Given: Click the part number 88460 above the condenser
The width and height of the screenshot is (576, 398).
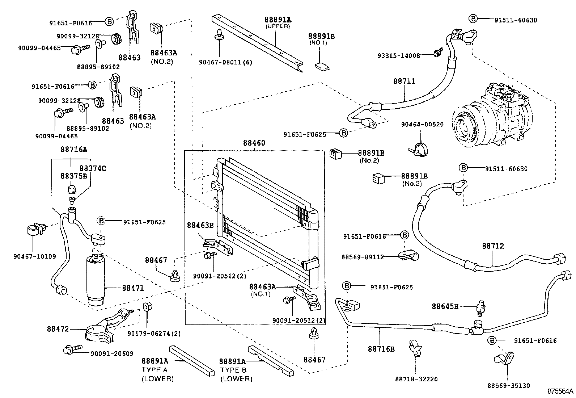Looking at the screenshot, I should [254, 143].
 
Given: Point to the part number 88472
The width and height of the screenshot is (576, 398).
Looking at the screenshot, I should [58, 329].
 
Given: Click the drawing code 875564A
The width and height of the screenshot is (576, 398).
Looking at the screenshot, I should [560, 391].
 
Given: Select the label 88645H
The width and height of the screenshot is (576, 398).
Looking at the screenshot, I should [445, 307].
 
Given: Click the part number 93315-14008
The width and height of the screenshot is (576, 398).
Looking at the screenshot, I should [398, 56].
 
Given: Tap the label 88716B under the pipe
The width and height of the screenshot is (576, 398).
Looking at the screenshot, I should [381, 349].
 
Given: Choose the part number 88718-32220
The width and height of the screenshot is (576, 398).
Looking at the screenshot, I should [416, 379].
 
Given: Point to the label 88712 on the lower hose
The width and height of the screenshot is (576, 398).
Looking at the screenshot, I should [493, 246].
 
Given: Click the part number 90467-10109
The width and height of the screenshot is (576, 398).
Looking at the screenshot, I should [35, 256].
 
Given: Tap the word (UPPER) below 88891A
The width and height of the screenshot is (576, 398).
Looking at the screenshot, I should [278, 26].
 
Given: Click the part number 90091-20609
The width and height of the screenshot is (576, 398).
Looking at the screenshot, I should [112, 354].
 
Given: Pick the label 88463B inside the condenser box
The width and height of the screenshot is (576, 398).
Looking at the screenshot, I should [200, 225].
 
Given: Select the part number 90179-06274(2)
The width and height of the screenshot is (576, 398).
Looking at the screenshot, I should [154, 334].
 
